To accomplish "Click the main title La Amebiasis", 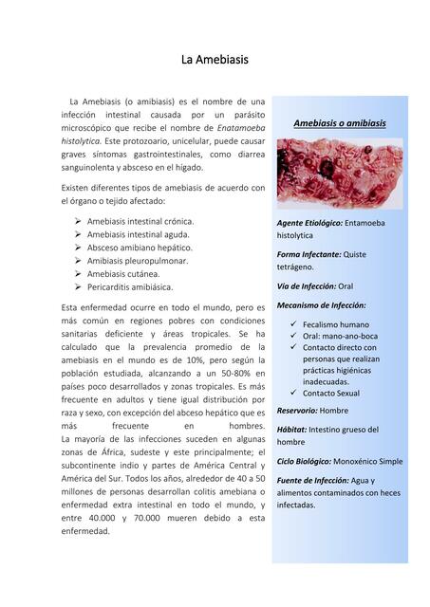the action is (x=215, y=60).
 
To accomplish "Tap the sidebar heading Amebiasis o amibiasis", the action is (x=339, y=124).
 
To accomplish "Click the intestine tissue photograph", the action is (x=339, y=173).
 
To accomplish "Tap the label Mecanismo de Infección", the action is (x=321, y=305).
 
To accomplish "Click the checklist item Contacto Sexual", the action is (x=331, y=393).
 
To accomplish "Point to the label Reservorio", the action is (x=297, y=411).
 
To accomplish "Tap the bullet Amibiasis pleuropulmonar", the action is (x=138, y=260).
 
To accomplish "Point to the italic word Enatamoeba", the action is (x=241, y=127).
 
